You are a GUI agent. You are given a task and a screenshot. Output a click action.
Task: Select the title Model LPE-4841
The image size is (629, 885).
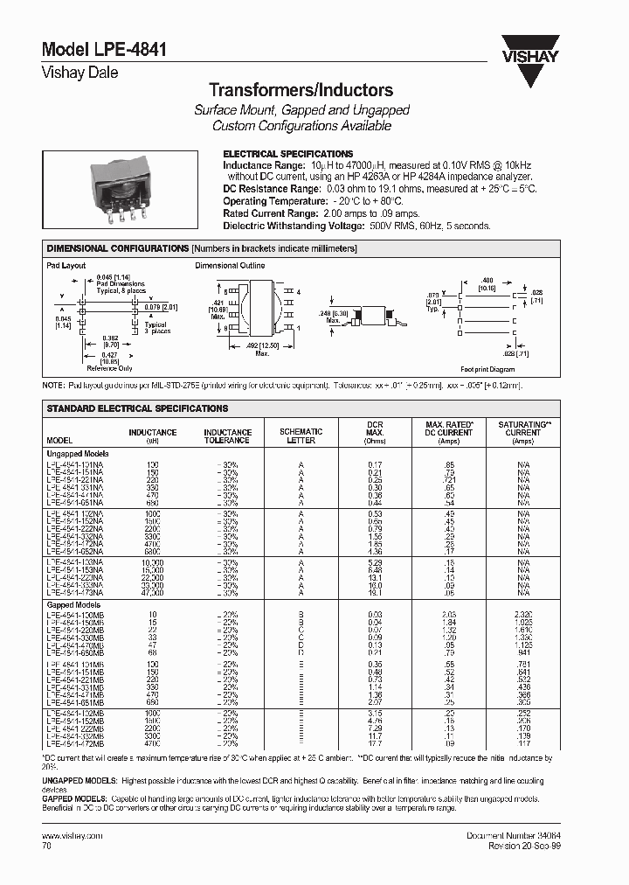click(x=92, y=51)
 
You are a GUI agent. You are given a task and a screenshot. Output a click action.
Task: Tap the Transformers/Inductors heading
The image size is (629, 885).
click(x=301, y=90)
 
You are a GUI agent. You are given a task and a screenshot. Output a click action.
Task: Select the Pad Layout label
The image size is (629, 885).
click(x=66, y=265)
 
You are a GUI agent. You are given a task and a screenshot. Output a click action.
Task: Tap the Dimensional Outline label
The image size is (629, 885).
click(x=230, y=265)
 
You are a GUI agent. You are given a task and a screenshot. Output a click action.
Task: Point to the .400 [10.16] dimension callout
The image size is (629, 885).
click(x=485, y=282)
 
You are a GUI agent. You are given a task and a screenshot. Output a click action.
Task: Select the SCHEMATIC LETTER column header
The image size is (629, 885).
click(x=301, y=436)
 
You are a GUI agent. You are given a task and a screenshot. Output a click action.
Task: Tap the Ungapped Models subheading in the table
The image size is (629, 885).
click(x=77, y=454)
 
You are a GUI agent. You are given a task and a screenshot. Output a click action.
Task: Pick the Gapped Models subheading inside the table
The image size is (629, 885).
click(x=73, y=604)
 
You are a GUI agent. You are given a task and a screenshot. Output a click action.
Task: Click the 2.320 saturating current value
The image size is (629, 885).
click(x=522, y=615)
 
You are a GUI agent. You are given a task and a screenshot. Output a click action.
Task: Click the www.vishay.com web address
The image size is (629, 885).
click(x=73, y=836)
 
